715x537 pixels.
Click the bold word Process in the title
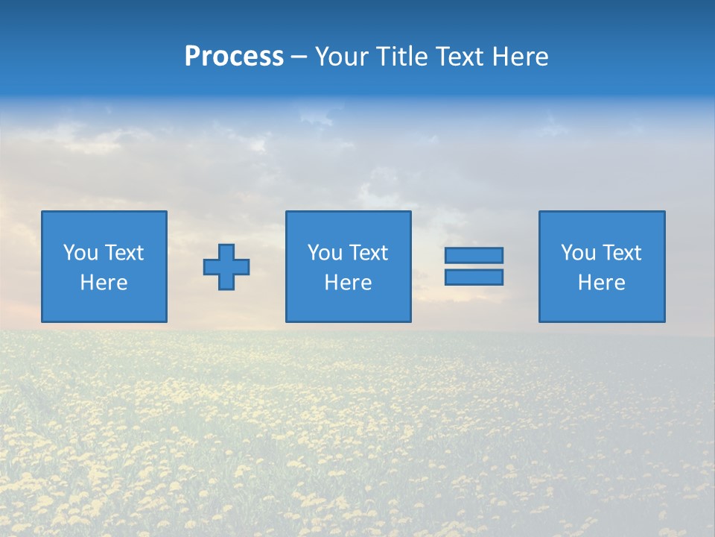pyautogui.click(x=234, y=57)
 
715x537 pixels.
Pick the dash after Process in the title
pyautogui.click(x=299, y=57)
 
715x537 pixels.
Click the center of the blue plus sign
pyautogui.click(x=227, y=266)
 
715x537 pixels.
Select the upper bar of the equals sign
pyautogui.click(x=474, y=256)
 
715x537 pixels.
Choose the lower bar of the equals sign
pyautogui.click(x=474, y=277)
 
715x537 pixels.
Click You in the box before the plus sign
pyautogui.click(x=80, y=253)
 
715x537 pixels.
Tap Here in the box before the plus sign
pyautogui.click(x=104, y=283)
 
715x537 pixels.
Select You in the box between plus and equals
pyautogui.click(x=325, y=253)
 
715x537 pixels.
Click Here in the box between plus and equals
pyautogui.click(x=349, y=283)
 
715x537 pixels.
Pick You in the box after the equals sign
pyautogui.click(x=578, y=253)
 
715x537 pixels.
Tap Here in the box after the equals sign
pyautogui.click(x=602, y=283)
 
